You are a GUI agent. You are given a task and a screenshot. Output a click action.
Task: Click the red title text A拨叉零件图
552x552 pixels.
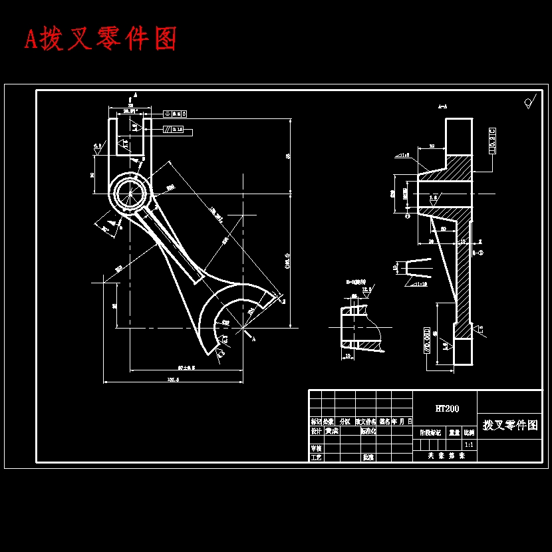pos(101,39)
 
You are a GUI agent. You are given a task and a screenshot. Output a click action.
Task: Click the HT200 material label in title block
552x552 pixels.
pos(446,408)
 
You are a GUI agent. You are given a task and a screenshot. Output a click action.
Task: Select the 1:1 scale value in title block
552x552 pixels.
pos(469,444)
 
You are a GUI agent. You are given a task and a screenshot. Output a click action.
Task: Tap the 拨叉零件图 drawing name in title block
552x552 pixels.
pos(509,426)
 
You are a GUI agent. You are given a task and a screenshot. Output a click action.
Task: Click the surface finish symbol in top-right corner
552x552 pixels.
pos(530,102)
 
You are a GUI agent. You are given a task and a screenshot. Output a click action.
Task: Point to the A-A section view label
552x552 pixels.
pos(442,106)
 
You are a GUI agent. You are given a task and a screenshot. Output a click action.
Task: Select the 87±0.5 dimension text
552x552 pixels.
pos(186,367)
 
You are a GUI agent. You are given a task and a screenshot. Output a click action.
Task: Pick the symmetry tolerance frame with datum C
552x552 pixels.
pos(174,114)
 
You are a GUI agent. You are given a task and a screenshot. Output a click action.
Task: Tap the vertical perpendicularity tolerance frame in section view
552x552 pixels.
pos(492,140)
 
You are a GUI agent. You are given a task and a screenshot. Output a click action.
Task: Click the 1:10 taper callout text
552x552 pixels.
pos(420,285)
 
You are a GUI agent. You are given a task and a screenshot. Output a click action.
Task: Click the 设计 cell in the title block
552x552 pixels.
pos(316,431)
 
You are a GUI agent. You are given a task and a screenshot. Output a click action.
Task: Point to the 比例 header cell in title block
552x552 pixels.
pos(469,432)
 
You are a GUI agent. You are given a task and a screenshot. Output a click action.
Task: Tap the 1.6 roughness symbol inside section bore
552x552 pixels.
pos(434,198)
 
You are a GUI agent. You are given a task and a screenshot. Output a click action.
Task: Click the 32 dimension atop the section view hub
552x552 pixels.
pos(432,145)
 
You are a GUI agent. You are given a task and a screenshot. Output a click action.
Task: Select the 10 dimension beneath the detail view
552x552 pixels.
pos(348,356)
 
